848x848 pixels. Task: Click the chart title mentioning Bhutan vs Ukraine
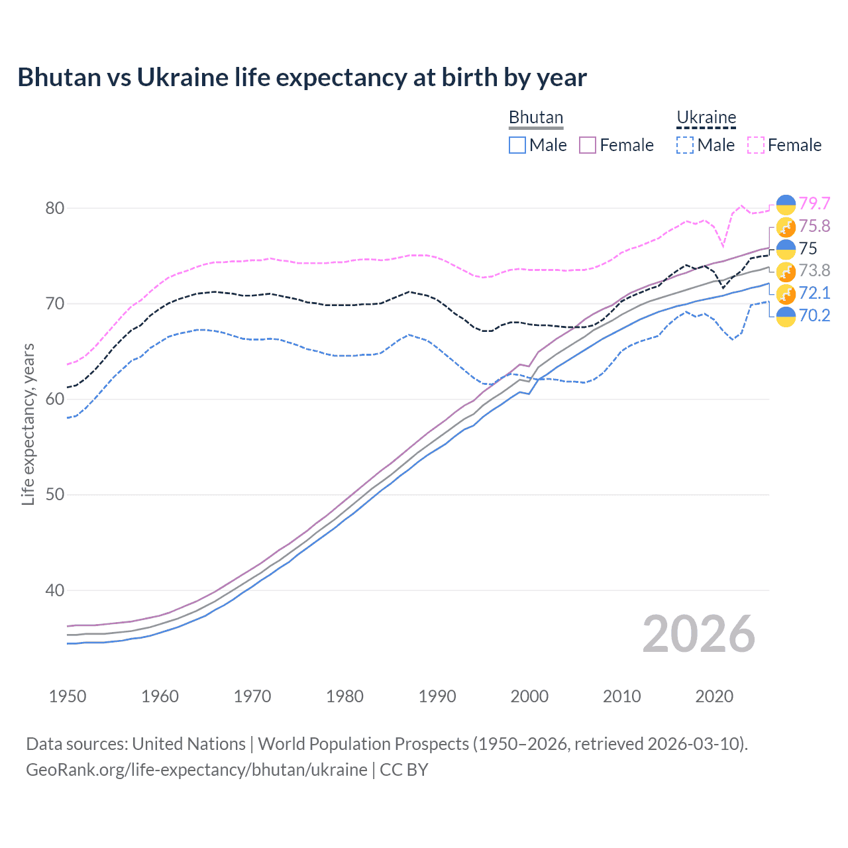pyautogui.click(x=302, y=78)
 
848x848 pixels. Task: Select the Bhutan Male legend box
pyautogui.click(x=517, y=145)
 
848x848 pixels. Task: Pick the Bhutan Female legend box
pyautogui.click(x=588, y=145)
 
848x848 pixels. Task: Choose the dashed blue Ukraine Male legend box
pyautogui.click(x=685, y=145)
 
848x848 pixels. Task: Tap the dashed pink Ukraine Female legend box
pyautogui.click(x=756, y=145)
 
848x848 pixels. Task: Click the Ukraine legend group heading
pyautogui.click(x=706, y=118)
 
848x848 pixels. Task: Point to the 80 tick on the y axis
pyautogui.click(x=55, y=208)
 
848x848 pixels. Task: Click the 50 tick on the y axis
pyautogui.click(x=55, y=495)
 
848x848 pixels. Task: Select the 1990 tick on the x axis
pyautogui.click(x=437, y=696)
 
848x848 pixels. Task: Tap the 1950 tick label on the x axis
pyautogui.click(x=68, y=696)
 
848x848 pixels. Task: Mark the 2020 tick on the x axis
pyautogui.click(x=714, y=696)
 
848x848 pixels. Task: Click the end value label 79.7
pyautogui.click(x=814, y=203)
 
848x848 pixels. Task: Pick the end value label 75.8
pyautogui.click(x=814, y=226)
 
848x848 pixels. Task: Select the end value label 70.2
pyautogui.click(x=814, y=315)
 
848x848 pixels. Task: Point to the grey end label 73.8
pyautogui.click(x=814, y=270)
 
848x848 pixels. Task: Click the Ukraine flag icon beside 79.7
pyautogui.click(x=786, y=205)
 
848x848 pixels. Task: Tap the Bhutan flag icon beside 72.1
pyautogui.click(x=786, y=293)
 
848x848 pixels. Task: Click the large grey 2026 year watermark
pyautogui.click(x=698, y=634)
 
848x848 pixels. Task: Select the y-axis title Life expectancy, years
pyautogui.click(x=28, y=424)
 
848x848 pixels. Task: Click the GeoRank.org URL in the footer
pyautogui.click(x=196, y=770)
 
